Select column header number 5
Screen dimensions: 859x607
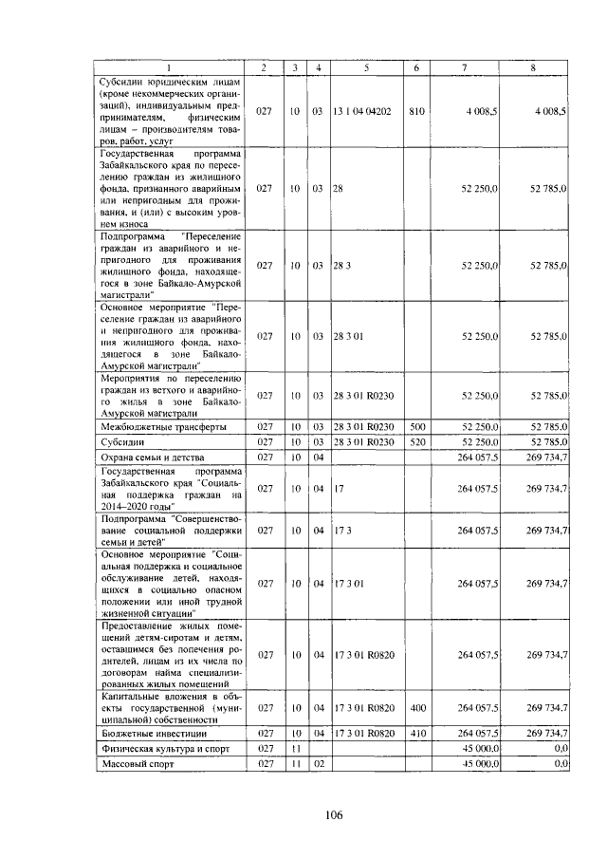[365, 67]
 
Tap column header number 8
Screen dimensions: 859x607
[533, 67]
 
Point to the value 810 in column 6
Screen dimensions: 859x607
[415, 111]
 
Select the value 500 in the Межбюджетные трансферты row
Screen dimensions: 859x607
[415, 427]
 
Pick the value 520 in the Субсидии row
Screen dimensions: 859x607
[415, 442]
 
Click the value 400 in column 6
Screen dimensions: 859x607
[415, 708]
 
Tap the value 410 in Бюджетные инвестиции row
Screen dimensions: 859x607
[415, 734]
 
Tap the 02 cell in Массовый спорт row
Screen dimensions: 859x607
[319, 763]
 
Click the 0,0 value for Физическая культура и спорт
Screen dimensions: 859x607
[560, 749]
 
